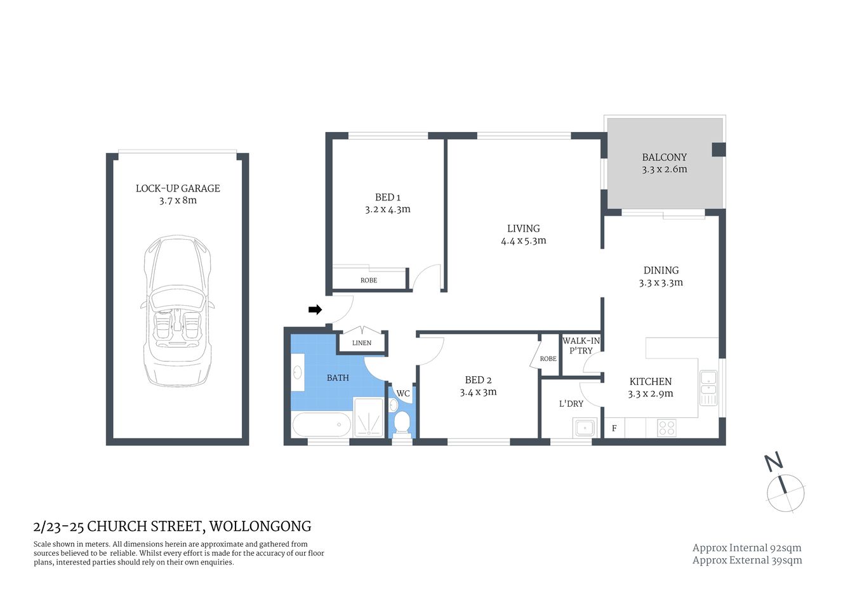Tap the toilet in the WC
pos(402,421)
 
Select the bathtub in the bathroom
pos(321,424)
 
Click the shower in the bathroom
pos(369,417)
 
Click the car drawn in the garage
pos(177,311)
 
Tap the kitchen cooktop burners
pos(666,428)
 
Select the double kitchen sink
pos(708,388)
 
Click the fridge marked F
pos(614,428)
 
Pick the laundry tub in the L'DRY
pos(583,428)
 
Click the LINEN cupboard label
pos(362,343)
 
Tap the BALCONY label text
pos(664,157)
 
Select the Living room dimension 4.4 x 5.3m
pos(523,241)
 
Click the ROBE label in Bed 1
pos(369,280)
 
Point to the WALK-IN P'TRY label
pos(581,346)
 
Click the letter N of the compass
pos(772,462)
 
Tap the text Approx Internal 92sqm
pos(746,548)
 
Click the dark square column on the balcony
pos(718,149)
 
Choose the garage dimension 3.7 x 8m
pos(178,200)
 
